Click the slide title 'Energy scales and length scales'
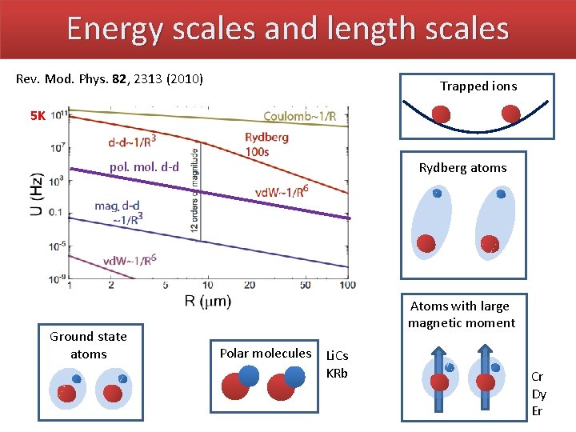click(x=287, y=29)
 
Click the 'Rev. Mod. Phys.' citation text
click(x=110, y=79)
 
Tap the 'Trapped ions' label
click(x=478, y=86)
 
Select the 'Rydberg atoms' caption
click(x=462, y=168)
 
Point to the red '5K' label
click(x=38, y=116)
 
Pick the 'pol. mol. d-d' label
click(x=145, y=166)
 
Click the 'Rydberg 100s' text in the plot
click(x=266, y=144)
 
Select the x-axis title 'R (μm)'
click(x=210, y=302)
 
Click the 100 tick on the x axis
click(x=347, y=286)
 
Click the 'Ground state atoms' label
click(x=88, y=345)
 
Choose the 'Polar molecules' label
click(x=266, y=353)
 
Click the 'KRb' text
click(x=337, y=373)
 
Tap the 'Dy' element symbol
click(x=539, y=394)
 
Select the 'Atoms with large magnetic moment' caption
click(x=461, y=314)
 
